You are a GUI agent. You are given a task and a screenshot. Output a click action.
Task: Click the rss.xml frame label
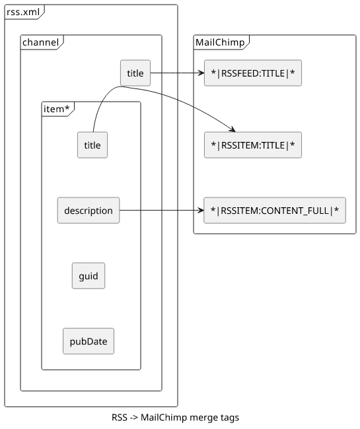click(x=23, y=12)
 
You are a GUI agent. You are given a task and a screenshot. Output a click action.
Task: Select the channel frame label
click(x=40, y=42)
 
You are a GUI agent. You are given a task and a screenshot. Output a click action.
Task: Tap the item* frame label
click(x=56, y=109)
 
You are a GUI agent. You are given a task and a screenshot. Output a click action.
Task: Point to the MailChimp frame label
click(x=220, y=42)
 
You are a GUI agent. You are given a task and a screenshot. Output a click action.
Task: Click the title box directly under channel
click(x=135, y=73)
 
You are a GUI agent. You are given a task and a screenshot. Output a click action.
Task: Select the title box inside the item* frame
click(x=92, y=145)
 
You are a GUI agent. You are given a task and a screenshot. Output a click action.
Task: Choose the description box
click(x=89, y=211)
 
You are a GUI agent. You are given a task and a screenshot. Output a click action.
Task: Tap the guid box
click(x=89, y=276)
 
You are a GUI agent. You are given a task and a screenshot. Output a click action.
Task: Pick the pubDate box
click(x=89, y=341)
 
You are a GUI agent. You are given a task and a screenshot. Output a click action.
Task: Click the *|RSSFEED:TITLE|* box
click(x=253, y=73)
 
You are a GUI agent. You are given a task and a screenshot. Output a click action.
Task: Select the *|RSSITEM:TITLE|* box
click(x=253, y=145)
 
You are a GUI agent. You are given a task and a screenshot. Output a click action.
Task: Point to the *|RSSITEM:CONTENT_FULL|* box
click(x=275, y=211)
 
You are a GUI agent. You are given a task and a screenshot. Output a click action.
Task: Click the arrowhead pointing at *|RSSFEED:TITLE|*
click(x=201, y=73)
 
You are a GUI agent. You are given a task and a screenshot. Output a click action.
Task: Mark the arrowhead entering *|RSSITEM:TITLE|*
click(x=233, y=129)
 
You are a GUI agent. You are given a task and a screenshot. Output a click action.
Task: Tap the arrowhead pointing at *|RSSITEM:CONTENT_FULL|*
click(x=201, y=211)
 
